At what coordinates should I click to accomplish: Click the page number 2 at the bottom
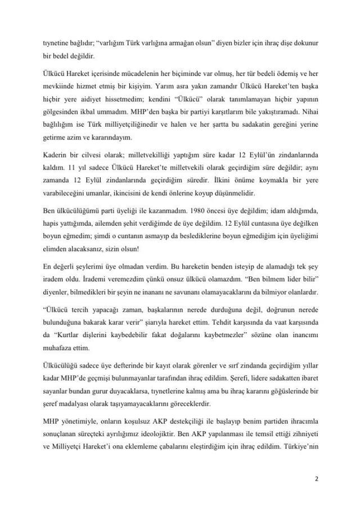318,479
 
